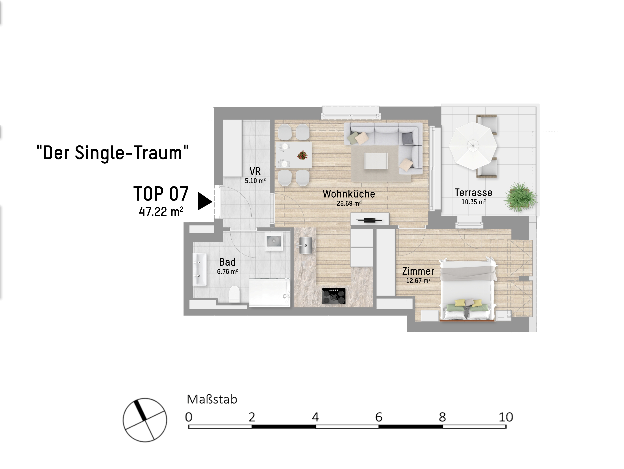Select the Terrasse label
click(473, 192)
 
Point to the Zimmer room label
click(418, 271)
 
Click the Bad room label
click(227, 262)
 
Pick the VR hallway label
click(255, 171)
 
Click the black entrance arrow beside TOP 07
click(205, 201)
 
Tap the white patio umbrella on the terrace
click(473, 145)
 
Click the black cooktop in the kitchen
click(334, 296)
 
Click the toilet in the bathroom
click(234, 294)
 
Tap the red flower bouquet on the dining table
click(302, 155)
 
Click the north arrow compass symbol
click(145, 420)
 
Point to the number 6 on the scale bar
click(379, 417)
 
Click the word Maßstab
click(212, 399)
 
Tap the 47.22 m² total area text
click(161, 211)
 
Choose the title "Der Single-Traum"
click(113, 153)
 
